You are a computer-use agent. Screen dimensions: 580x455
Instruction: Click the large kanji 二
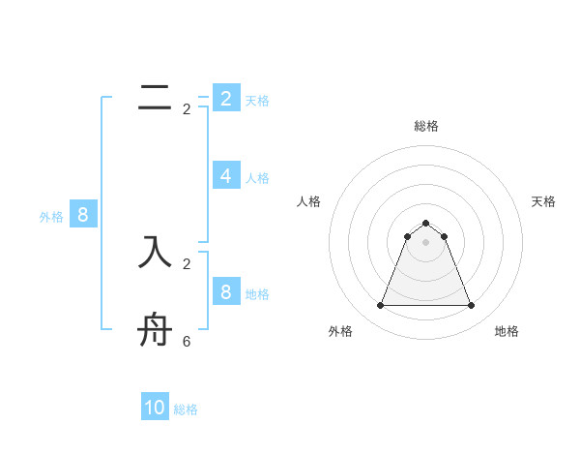(x=155, y=99)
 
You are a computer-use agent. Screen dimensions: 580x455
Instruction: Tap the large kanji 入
(x=155, y=252)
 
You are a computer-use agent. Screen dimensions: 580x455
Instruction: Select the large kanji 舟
(x=155, y=331)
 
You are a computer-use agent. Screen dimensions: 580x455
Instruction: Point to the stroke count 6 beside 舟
(x=187, y=342)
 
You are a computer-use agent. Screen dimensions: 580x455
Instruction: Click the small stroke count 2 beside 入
(x=187, y=263)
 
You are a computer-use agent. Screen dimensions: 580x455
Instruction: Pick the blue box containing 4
(x=225, y=175)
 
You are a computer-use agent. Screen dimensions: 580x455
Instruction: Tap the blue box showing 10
(x=155, y=408)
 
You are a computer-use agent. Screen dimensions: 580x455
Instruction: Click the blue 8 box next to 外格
(x=82, y=215)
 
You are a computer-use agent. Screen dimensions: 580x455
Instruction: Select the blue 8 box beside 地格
(x=225, y=291)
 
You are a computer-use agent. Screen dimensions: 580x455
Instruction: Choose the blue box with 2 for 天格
(x=225, y=98)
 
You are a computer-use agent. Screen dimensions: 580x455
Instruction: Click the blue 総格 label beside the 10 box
(x=186, y=409)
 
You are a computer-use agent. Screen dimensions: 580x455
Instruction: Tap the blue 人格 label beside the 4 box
(x=257, y=178)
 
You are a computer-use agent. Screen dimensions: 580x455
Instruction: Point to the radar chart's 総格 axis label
(x=425, y=126)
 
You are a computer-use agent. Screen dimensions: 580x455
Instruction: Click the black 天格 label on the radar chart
(x=543, y=201)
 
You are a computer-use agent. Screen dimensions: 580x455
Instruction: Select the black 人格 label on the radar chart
(x=309, y=201)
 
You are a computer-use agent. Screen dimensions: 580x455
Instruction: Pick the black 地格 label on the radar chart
(x=507, y=331)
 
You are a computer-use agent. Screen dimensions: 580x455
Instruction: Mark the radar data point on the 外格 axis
(x=380, y=306)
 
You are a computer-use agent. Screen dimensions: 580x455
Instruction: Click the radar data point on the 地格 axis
(x=471, y=306)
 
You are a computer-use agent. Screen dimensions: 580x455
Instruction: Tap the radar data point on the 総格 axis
(x=425, y=224)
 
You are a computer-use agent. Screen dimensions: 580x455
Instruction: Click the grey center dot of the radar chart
(x=425, y=242)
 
